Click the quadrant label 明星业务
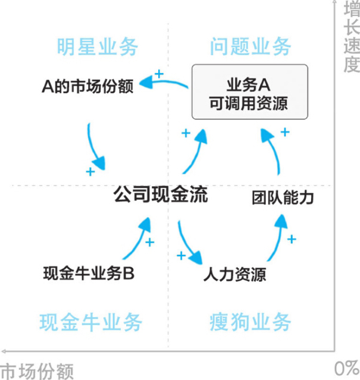pos(97,46)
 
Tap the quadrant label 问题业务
pos(251,46)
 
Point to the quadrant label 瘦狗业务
pos(251,322)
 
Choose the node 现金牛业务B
pos(89,274)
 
